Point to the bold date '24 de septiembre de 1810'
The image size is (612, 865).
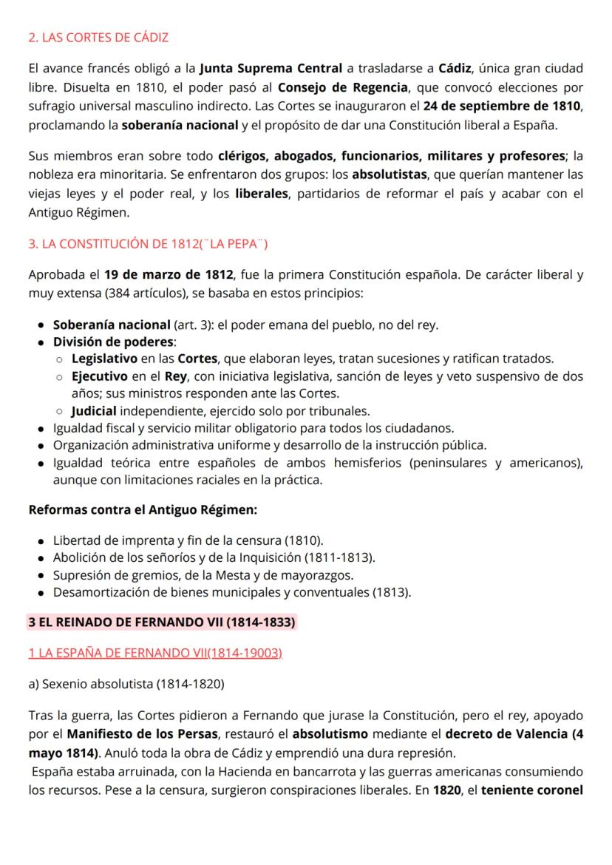(509, 106)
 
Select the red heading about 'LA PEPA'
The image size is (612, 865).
(148, 244)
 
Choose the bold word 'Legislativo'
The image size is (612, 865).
(104, 359)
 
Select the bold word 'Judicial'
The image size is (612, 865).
(94, 410)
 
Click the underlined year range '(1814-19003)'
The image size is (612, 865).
(246, 654)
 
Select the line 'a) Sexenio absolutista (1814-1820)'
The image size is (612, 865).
(126, 685)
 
